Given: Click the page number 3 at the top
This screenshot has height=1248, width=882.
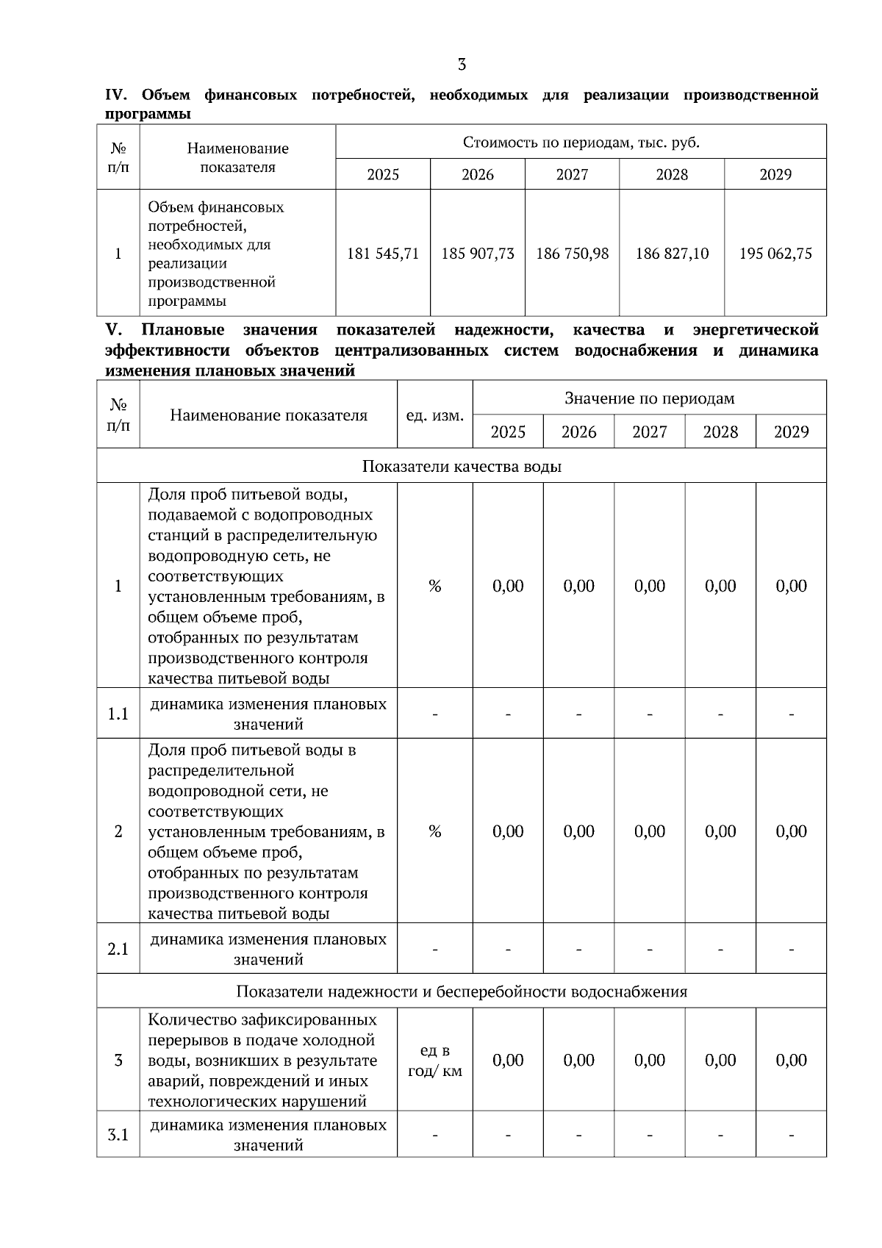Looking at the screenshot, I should point(462,65).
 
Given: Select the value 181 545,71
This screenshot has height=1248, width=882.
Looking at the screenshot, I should point(383,254).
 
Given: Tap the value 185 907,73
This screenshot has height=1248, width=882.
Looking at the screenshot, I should point(478,254).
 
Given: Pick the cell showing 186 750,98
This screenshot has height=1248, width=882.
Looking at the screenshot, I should point(573,254).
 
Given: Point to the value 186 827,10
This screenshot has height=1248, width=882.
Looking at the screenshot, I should point(672,254).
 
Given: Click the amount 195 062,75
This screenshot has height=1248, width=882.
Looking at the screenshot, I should point(775,254).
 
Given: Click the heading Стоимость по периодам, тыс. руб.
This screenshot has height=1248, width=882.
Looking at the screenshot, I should point(581,142).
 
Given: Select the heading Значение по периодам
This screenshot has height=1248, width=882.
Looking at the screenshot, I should point(649,398).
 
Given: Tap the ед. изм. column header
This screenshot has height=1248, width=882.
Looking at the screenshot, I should point(435,415).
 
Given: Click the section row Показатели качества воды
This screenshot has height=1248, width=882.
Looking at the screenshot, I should point(462,466).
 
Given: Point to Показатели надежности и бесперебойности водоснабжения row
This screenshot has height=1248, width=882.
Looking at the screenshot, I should point(462,991).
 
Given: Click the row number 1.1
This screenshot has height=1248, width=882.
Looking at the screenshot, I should point(118,714).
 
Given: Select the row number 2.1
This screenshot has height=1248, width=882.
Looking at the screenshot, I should point(118,949).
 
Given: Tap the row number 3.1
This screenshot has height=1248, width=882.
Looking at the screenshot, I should point(118,1135).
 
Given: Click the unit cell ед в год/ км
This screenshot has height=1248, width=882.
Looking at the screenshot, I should point(435,1060).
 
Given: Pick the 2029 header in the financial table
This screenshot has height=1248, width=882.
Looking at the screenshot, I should point(775,174).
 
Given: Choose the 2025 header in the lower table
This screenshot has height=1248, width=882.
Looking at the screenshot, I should point(508,431).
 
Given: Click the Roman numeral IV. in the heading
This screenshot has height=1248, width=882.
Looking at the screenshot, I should point(117,95).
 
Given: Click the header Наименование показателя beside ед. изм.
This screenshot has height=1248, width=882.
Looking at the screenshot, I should point(268,415).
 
